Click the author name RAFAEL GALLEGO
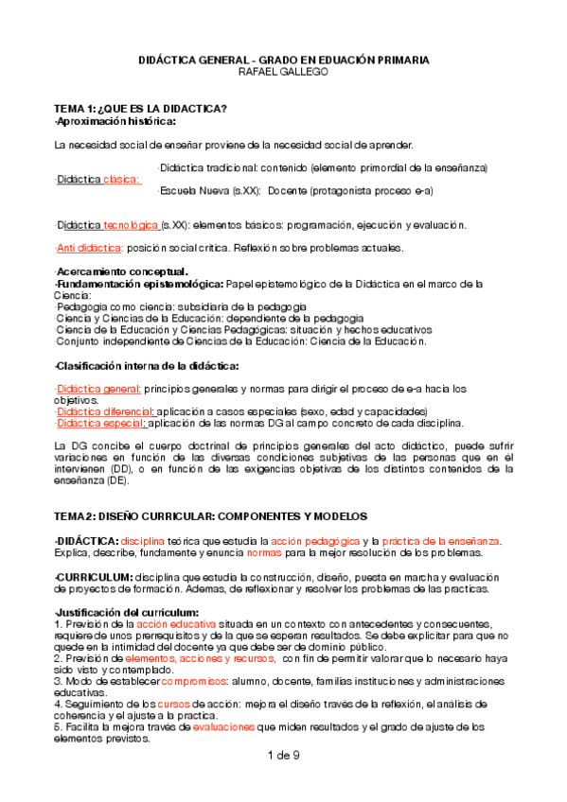point(283,72)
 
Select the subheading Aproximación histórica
point(116,121)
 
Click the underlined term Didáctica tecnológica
point(108,225)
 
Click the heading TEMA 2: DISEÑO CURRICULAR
point(134,515)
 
